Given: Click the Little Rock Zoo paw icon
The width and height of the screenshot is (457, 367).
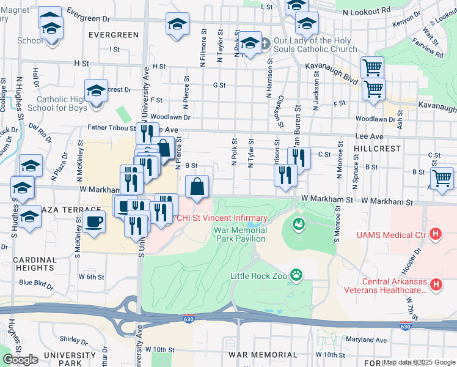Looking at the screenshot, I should coord(296,275).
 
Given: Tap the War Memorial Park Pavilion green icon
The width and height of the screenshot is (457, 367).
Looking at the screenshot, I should coord(298,224).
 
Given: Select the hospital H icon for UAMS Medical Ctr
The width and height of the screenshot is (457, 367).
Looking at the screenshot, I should coord(435,233).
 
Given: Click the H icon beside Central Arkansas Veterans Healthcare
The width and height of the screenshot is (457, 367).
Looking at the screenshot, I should coord(436,284).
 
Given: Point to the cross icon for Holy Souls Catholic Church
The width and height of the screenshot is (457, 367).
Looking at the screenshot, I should coord(265,43).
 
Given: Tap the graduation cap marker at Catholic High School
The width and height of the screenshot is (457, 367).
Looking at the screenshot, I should coord(96,92).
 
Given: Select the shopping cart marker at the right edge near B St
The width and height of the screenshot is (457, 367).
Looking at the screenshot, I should coord(442,178).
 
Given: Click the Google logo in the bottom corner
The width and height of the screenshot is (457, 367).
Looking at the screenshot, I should coord(20,360).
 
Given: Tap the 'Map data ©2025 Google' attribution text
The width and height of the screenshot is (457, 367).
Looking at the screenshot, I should coord(419,362).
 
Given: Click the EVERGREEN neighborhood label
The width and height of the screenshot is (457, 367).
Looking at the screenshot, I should coord(114,35).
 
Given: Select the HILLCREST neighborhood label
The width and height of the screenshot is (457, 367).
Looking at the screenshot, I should coord(377,149).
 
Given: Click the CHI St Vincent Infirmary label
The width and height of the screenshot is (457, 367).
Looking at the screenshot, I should coord(222,218).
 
